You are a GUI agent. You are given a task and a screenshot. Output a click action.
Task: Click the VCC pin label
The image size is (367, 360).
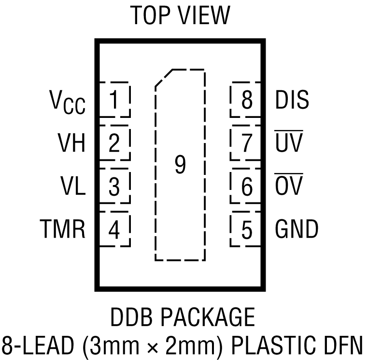click(67, 102)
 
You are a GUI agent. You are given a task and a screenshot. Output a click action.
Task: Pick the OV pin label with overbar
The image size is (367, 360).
click(288, 186)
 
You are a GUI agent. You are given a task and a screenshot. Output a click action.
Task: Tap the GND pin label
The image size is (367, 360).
click(296, 229)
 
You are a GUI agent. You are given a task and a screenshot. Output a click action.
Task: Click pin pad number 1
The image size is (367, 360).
click(114, 101)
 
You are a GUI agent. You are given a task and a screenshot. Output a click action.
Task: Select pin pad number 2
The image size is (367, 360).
click(114, 144)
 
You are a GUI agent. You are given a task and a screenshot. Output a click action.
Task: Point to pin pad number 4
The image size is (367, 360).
click(114, 230)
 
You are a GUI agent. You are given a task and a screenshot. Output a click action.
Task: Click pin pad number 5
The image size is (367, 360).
click(247, 230)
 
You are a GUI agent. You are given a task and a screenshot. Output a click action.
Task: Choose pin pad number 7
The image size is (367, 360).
click(247, 144)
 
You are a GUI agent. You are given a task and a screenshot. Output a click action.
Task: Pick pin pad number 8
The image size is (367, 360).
click(247, 101)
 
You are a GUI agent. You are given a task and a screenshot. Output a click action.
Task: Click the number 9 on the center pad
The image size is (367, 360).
click(180, 165)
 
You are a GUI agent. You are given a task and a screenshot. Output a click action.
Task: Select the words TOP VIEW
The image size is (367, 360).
click(181, 15)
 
